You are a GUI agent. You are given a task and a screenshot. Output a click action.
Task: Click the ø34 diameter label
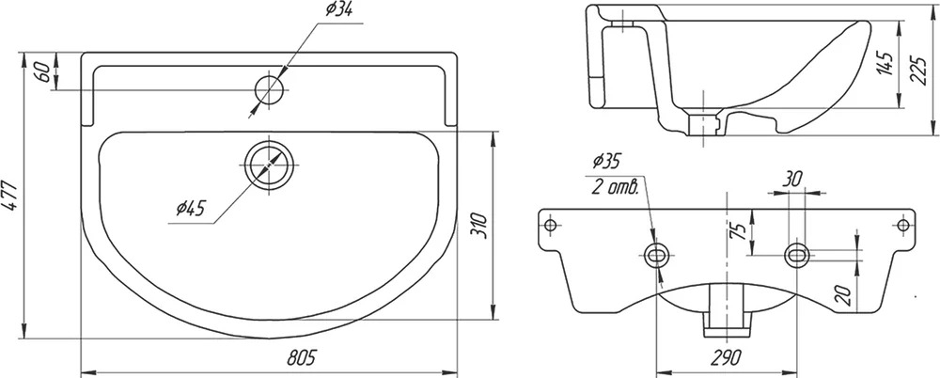click(x=338, y=10)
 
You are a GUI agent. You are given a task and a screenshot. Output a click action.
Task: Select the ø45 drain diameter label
click(x=191, y=208)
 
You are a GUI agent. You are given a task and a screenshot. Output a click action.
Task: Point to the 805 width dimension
click(x=301, y=358)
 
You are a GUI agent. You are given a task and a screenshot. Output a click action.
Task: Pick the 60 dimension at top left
click(x=41, y=71)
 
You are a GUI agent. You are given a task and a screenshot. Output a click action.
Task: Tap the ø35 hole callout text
click(x=606, y=161)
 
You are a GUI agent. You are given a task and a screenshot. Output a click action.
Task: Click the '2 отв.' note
click(x=615, y=186)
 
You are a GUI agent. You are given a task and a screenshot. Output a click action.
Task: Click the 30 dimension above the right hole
click(x=792, y=179)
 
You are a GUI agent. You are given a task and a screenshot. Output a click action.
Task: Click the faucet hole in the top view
click(x=269, y=89)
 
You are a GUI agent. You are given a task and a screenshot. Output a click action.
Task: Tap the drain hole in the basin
click(x=269, y=165)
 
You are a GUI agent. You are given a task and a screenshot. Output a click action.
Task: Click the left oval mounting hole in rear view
click(x=658, y=256)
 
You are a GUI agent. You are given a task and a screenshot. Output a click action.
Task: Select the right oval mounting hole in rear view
click(x=797, y=256)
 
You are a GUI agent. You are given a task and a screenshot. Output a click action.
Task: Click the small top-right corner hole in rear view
click(x=903, y=225)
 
